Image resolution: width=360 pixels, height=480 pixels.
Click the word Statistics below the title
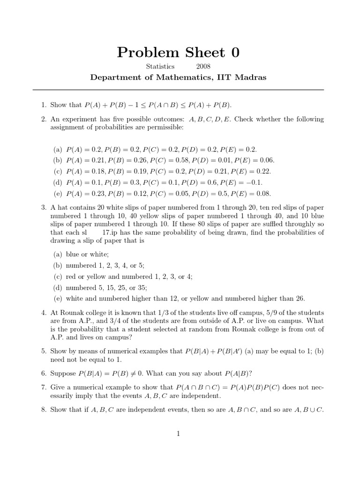click(160, 67)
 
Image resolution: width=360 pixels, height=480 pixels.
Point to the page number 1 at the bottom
click(179, 434)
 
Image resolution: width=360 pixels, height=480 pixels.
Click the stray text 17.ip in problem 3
click(111, 232)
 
